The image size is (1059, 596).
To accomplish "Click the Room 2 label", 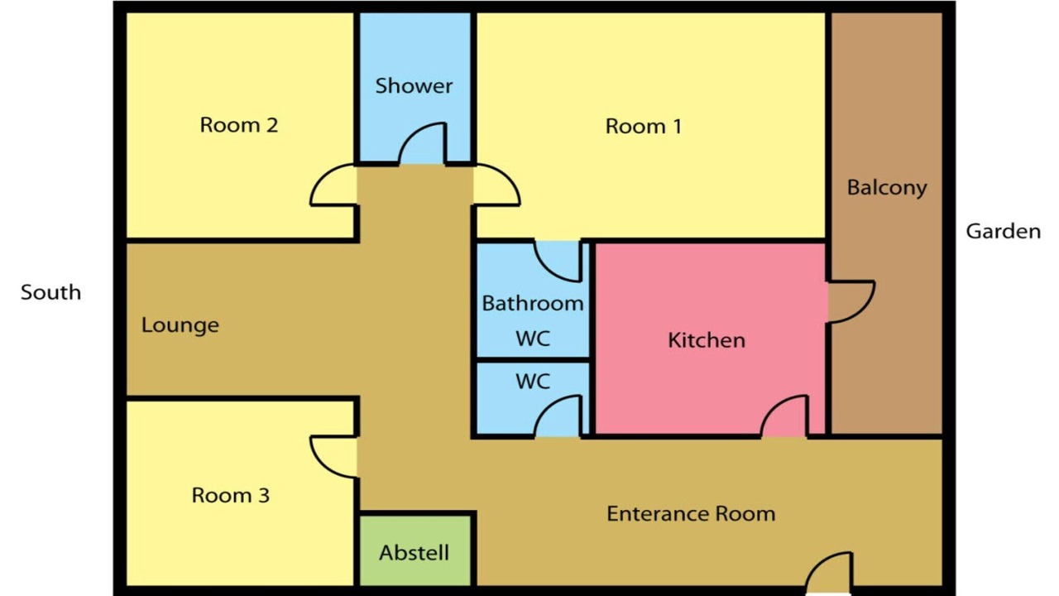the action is pyautogui.click(x=239, y=125).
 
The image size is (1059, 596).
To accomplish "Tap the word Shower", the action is pyautogui.click(x=414, y=85).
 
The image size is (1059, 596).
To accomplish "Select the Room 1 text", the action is pyautogui.click(x=644, y=127).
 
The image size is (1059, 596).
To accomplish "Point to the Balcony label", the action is pyautogui.click(x=886, y=188).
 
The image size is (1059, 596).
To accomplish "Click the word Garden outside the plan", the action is pyautogui.click(x=1004, y=231).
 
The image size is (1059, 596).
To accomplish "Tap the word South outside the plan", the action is pyautogui.click(x=50, y=292).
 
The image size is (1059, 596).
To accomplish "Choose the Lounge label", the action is pyautogui.click(x=180, y=325).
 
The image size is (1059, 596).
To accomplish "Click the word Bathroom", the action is pyautogui.click(x=533, y=303).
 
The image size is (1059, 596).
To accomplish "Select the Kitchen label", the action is pyautogui.click(x=707, y=340).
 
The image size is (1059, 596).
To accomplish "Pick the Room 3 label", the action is pyautogui.click(x=230, y=495).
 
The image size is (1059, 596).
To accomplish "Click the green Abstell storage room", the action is pyautogui.click(x=415, y=550).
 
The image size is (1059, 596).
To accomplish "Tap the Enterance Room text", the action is pyautogui.click(x=691, y=514).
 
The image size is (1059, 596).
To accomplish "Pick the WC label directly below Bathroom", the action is pyautogui.click(x=533, y=339).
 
